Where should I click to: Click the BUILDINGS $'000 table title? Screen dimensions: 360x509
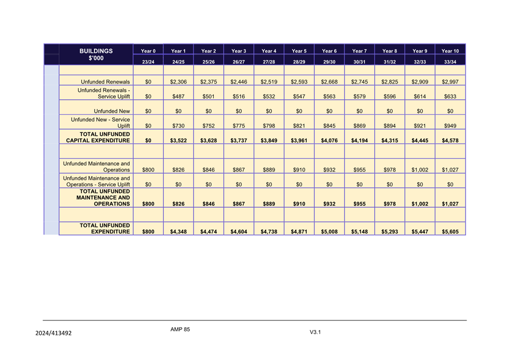[x=96, y=55]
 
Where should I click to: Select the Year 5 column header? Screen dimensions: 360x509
[x=299, y=51]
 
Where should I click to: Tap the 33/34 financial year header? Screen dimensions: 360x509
[x=450, y=62]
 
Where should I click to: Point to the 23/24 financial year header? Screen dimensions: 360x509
[x=148, y=62]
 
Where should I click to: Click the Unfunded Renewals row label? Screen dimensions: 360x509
[x=105, y=82]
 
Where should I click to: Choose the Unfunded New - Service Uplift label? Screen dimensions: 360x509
[x=100, y=123]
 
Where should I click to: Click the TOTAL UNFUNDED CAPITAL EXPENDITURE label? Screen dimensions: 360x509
[x=98, y=137]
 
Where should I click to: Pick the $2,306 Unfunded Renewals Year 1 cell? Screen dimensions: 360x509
[x=178, y=82]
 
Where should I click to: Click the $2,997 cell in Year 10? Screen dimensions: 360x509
[x=450, y=82]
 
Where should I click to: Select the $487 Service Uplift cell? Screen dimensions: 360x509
[x=178, y=96]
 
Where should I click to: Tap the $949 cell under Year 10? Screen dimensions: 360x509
[x=450, y=126]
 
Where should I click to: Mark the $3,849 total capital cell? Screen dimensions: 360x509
[x=269, y=141]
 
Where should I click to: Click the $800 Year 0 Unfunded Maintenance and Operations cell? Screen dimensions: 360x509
[x=148, y=170]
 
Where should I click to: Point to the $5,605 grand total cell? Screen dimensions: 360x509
[x=450, y=231]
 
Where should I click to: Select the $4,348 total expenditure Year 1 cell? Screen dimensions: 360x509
[x=178, y=231]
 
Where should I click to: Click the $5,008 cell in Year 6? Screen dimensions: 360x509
[x=329, y=231]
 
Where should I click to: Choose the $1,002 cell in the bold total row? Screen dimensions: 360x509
[x=420, y=204]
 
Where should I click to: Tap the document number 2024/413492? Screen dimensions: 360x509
[x=53, y=333]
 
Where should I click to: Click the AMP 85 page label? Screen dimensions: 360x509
[x=180, y=329]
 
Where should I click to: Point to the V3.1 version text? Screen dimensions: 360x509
[x=316, y=332]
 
